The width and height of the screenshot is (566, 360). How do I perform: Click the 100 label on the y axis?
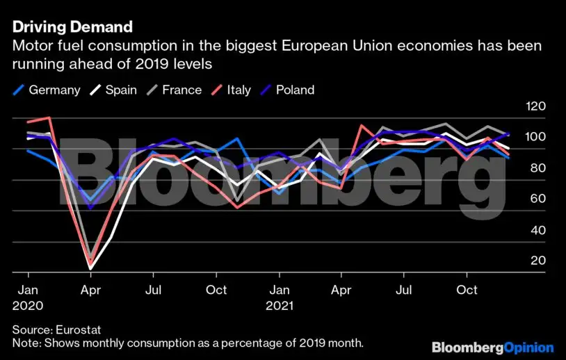517,137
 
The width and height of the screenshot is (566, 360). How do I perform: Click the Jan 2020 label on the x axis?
28,297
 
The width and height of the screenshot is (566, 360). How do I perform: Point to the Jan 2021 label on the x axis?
280,297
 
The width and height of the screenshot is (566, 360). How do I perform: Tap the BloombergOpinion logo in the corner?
492,347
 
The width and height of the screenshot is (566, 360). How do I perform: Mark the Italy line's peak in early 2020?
49,117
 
